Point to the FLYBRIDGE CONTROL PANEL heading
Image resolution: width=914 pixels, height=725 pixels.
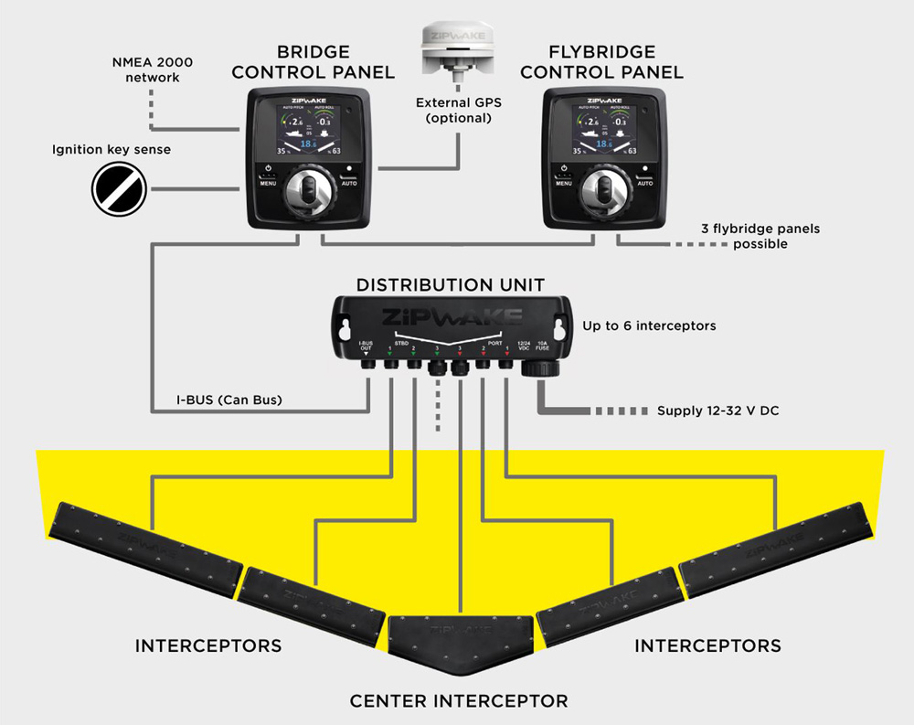coord(603,62)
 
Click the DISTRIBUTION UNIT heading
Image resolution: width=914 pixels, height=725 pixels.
coord(450,284)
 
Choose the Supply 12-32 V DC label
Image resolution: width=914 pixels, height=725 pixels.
coord(717,410)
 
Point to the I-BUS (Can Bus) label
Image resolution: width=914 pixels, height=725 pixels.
coord(229,400)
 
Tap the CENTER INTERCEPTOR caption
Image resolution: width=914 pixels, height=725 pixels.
coord(459,701)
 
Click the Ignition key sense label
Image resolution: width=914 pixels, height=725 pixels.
coord(111,149)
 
